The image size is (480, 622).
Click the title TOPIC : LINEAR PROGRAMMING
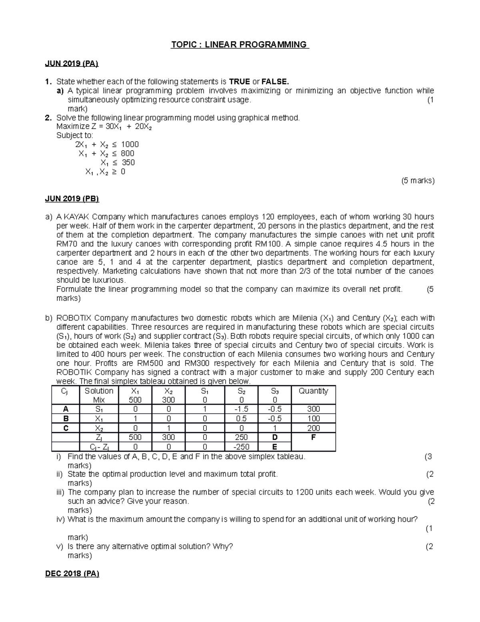tap(240, 44)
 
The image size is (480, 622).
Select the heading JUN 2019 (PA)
tap(72, 63)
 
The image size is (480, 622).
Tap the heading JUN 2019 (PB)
tap(72, 199)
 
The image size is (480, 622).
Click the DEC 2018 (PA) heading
tap(72, 574)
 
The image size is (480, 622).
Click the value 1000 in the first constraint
tap(130, 144)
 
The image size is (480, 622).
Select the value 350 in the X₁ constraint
tap(128, 163)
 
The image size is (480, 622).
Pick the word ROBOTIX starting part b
tap(73, 318)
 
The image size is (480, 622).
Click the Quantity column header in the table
tap(313, 391)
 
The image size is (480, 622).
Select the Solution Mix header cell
tap(99, 395)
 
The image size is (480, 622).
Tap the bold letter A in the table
tap(66, 409)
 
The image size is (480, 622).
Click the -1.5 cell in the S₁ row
tap(242, 409)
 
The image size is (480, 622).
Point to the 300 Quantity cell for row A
tap(313, 409)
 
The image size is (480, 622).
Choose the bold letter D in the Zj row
tap(274, 437)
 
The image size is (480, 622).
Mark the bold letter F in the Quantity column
tap(313, 437)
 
